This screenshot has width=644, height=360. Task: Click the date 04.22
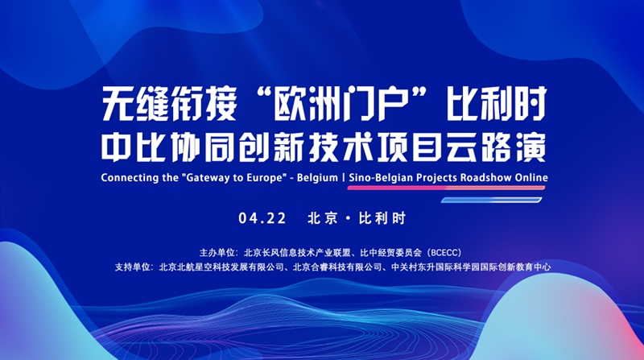tap(262, 218)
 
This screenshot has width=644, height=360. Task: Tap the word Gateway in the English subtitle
tap(207, 177)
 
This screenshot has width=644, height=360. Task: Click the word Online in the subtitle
tap(531, 177)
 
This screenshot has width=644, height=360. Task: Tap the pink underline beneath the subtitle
tap(446, 188)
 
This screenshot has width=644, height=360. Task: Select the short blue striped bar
tap(491, 201)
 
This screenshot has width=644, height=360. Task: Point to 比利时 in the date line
tap(382, 218)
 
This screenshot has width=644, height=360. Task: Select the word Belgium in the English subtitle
tap(317, 177)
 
